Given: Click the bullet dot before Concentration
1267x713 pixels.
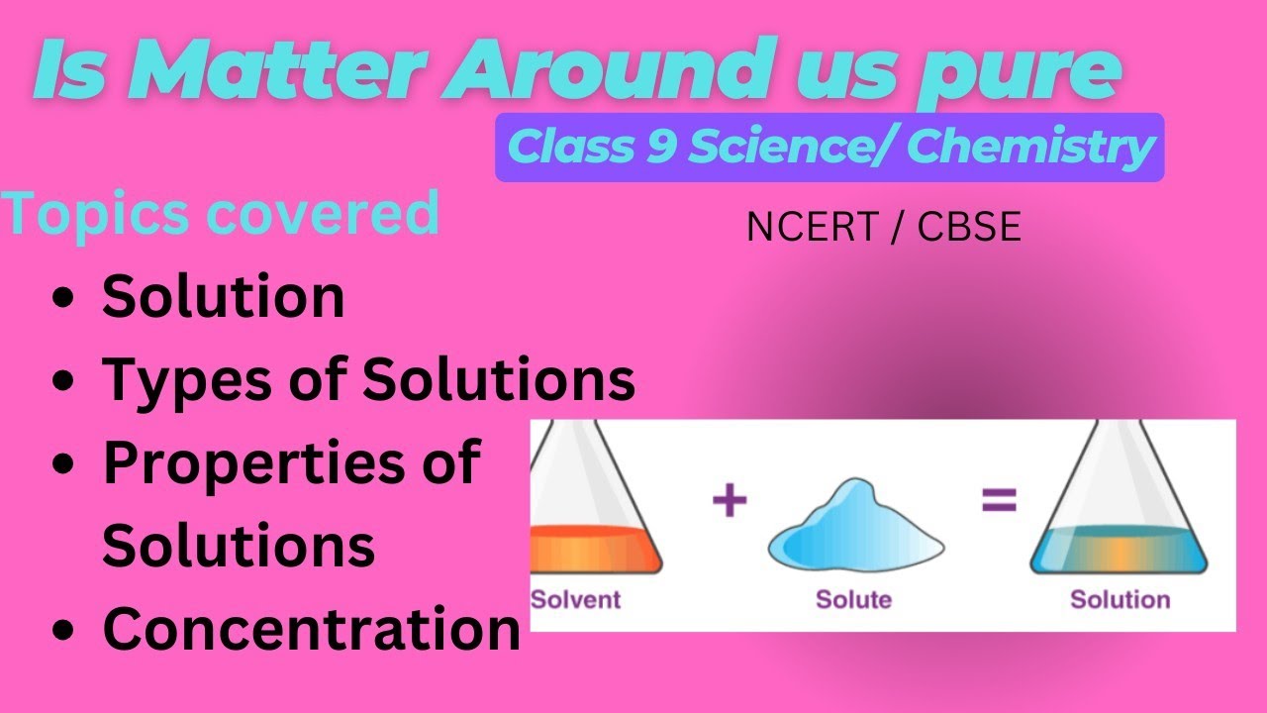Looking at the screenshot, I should (64, 630).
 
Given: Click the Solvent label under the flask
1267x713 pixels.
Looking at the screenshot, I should (576, 599).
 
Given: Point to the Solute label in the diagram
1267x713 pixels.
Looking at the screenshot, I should (853, 599).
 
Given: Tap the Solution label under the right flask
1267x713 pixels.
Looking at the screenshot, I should (1120, 599).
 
